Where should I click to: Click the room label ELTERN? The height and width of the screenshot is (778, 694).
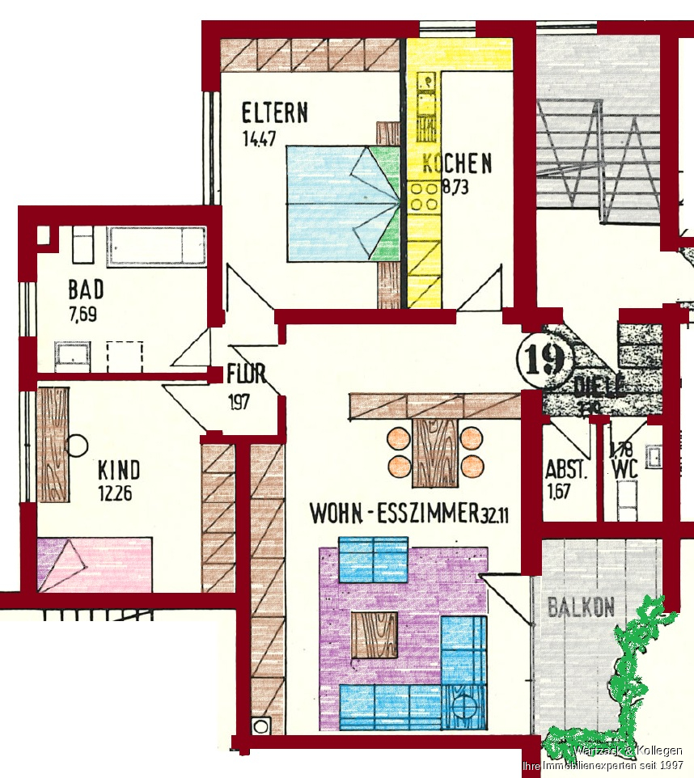coord(274,112)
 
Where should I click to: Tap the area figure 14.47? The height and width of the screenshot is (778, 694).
coord(259,138)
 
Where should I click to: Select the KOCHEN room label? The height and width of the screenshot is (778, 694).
coord(457,163)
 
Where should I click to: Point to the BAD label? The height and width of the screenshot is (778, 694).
coord(86,289)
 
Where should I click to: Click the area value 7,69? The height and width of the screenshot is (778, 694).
coord(83,315)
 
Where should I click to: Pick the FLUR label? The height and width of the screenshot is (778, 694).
coord(246,374)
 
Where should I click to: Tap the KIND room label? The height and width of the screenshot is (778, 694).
coord(118,470)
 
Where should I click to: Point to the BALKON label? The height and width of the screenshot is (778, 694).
coord(581,607)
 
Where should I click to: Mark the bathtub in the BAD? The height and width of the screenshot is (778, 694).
coord(156,244)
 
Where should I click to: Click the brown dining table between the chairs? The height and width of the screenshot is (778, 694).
coord(434,452)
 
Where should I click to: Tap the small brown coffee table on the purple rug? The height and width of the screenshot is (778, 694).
coord(375,634)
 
